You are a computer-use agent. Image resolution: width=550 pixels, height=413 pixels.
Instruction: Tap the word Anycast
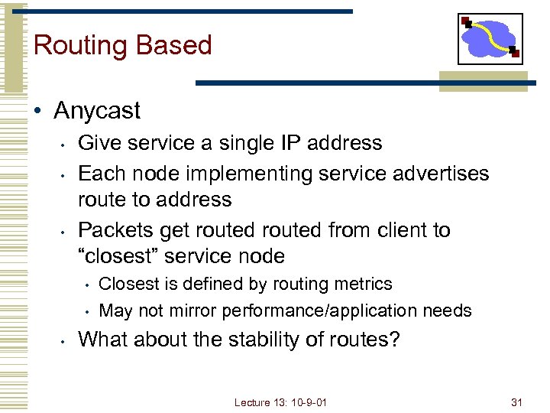coord(97,111)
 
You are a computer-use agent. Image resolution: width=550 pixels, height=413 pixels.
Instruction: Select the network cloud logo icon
coord(490,38)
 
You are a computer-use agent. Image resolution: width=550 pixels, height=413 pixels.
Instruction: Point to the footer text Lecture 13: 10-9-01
coord(280,402)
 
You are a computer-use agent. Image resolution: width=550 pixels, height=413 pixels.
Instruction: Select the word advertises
coord(438,174)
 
